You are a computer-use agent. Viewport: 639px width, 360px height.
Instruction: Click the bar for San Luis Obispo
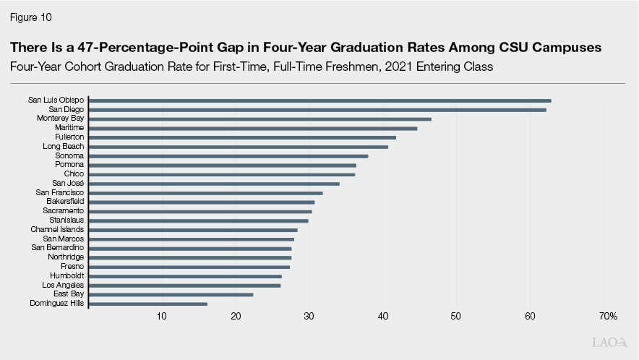tap(319, 100)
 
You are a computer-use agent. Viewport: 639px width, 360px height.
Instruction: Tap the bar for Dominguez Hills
tap(147, 304)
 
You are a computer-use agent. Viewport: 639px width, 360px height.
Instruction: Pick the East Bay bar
tap(171, 294)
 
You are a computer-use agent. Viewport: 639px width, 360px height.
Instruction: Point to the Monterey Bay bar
tap(260, 119)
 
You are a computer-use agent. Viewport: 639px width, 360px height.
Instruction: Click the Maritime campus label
tap(69, 128)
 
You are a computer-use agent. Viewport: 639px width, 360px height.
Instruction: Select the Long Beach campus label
tap(64, 147)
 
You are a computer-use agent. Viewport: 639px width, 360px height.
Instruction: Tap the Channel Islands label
tap(57, 229)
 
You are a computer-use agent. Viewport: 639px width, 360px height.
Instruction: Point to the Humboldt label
tap(67, 275)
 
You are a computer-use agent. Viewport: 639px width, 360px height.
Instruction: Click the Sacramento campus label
tap(63, 210)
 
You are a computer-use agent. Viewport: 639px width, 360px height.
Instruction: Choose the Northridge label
tap(66, 257)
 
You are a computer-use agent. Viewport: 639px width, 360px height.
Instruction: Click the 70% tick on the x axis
tap(607, 317)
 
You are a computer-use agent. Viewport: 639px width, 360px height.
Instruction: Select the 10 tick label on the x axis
tap(161, 317)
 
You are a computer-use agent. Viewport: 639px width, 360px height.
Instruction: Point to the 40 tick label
tap(383, 317)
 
